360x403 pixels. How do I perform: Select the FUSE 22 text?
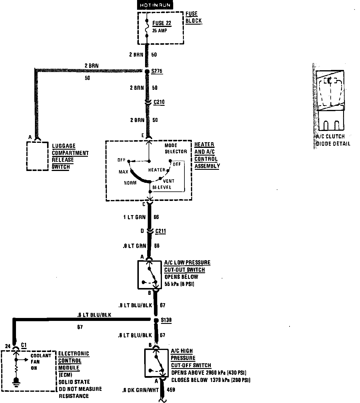coord(162,23)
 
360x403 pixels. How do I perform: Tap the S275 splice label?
coord(157,71)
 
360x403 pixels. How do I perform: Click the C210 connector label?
coord(159,102)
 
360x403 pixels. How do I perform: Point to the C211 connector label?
coord(160,231)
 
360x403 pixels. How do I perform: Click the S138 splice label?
coord(166,320)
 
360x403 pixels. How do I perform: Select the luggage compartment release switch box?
coord(37,156)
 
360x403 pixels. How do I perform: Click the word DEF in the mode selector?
coord(177,164)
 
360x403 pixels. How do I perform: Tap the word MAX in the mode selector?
coord(123,172)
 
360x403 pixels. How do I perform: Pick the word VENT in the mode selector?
coord(169,181)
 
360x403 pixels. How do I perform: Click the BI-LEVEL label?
coord(162,188)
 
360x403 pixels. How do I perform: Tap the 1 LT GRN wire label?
coord(134,217)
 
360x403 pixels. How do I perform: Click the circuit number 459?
coord(171,390)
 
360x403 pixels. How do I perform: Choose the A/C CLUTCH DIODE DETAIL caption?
coord(332,140)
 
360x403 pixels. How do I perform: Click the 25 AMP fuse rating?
coord(160,31)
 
